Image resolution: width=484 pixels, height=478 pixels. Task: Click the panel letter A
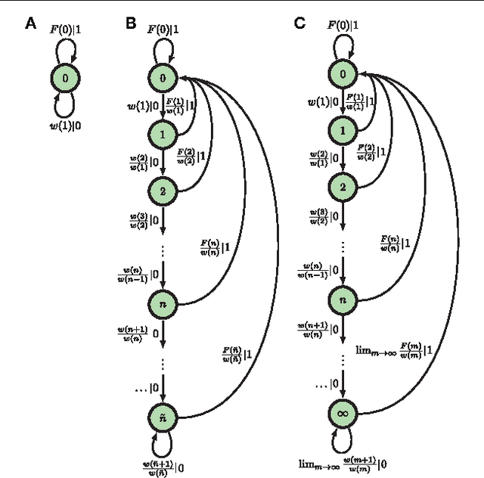pyautogui.click(x=30, y=23)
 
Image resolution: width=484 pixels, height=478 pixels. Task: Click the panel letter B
pyautogui.click(x=131, y=23)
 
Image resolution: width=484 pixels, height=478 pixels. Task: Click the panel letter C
pyautogui.click(x=299, y=23)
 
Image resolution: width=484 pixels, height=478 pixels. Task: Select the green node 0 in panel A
pyautogui.click(x=66, y=78)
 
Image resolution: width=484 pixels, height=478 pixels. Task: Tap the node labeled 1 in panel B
pyautogui.click(x=162, y=133)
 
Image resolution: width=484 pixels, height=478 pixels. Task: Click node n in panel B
pyautogui.click(x=162, y=303)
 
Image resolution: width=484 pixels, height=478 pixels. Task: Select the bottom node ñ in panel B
pyautogui.click(x=162, y=415)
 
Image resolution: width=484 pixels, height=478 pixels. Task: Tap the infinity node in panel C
pyautogui.click(x=343, y=413)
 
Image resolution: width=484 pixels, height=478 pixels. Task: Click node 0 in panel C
pyautogui.click(x=343, y=74)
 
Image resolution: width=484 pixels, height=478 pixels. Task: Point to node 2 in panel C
pyautogui.click(x=343, y=187)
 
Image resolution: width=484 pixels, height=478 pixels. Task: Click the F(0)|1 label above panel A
pyautogui.click(x=66, y=30)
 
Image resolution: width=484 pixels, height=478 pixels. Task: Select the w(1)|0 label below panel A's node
pyautogui.click(x=66, y=126)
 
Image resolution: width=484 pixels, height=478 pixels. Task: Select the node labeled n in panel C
pyautogui.click(x=343, y=300)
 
